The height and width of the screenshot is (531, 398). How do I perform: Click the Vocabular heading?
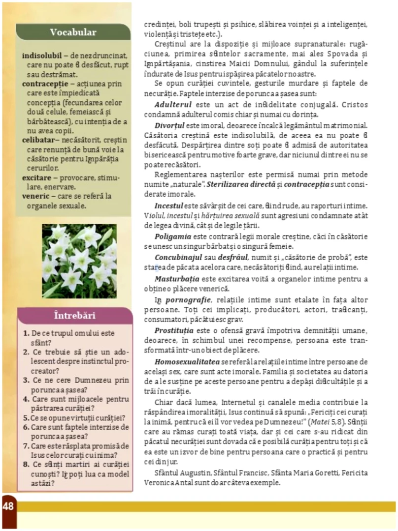(x=73, y=32)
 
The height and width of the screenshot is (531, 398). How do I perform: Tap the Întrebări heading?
(x=74, y=316)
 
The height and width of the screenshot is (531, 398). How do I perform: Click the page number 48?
(x=8, y=506)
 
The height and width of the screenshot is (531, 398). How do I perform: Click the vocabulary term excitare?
(x=38, y=177)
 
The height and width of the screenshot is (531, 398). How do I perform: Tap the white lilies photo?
(x=79, y=261)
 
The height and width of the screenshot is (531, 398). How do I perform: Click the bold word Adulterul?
(x=171, y=105)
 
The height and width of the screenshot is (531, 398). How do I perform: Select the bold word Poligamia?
(x=173, y=236)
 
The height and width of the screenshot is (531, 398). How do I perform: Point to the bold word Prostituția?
(x=174, y=329)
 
